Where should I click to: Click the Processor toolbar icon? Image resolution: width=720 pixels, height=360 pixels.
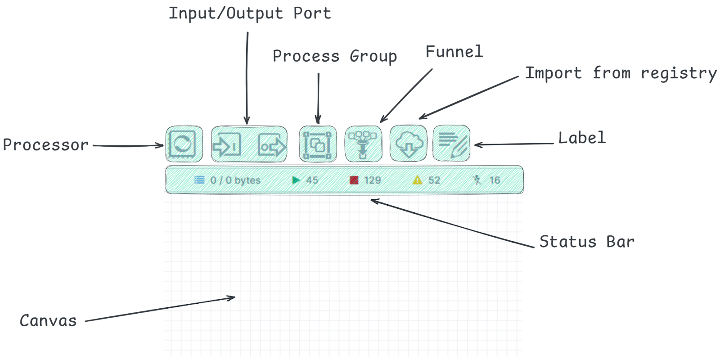(183, 144)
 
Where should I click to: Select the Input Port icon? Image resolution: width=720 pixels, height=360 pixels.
(226, 145)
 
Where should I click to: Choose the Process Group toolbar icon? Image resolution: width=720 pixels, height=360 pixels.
(317, 144)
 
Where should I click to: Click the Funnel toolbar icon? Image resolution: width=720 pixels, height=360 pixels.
(363, 144)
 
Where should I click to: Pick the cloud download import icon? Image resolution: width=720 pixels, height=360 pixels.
(409, 144)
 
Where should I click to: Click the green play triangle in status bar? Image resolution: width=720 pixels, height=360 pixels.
(296, 180)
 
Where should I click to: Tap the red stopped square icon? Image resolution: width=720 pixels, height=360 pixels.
(354, 180)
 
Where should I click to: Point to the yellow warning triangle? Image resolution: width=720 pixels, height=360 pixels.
(418, 180)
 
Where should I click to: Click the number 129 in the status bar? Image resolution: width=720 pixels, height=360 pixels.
(373, 180)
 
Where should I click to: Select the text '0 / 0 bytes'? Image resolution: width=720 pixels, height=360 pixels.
(235, 180)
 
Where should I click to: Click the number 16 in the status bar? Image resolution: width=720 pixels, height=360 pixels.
(495, 180)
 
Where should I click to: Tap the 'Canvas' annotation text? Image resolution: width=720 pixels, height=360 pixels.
(48, 320)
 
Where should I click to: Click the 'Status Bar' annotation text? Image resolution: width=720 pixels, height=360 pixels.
(587, 242)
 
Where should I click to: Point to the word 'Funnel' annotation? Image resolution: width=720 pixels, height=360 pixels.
(454, 52)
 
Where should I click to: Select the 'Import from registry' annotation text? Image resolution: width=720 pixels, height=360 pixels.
(621, 73)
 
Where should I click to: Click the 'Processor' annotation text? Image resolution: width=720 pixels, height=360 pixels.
(45, 145)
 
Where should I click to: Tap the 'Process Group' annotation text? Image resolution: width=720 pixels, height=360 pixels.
(335, 56)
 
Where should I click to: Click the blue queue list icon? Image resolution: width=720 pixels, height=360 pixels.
(199, 180)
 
